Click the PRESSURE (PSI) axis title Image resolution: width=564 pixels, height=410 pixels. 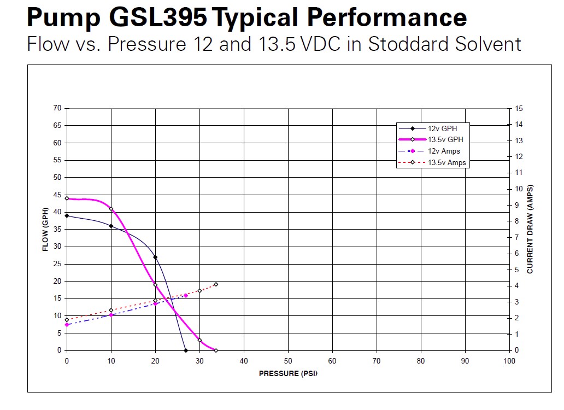coord(288,374)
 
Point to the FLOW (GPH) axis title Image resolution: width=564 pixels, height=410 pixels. coord(46,230)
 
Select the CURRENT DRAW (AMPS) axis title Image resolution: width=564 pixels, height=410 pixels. coord(530,230)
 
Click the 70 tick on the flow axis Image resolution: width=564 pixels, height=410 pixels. coord(57,108)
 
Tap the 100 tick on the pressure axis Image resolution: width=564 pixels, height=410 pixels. coord(509,361)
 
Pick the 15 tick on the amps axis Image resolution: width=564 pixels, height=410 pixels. coord(519,108)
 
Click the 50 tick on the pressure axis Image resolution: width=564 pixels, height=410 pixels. coord(288,361)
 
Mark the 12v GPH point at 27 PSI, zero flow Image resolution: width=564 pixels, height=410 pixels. coord(186,350)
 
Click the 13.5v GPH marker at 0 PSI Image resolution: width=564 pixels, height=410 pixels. coord(67,198)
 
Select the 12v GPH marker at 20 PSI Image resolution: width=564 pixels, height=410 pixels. coord(155,257)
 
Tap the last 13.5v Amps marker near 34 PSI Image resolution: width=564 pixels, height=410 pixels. coord(216,284)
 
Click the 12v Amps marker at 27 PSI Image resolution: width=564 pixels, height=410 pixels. coord(186,295)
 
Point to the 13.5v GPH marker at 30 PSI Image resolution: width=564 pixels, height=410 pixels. coord(199,340)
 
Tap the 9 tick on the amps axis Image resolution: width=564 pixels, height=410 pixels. coord(517,205)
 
